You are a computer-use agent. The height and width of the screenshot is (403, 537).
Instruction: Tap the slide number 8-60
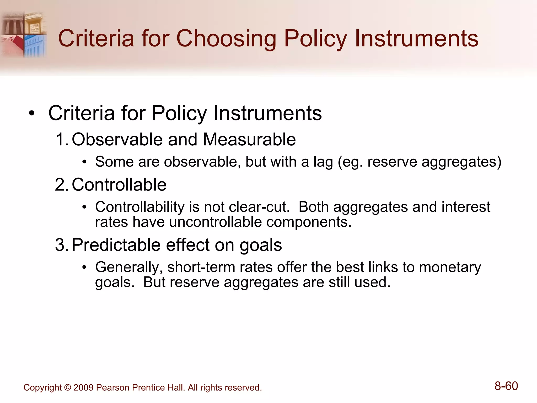[506, 386]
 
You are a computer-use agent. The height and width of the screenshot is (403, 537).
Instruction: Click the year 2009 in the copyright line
[83, 388]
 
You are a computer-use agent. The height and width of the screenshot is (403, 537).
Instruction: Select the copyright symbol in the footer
[67, 388]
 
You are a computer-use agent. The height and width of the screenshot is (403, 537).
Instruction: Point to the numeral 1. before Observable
[62, 139]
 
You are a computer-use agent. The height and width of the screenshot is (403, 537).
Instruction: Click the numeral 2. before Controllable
[62, 185]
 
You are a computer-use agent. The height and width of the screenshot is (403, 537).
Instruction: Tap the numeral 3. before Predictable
[62, 245]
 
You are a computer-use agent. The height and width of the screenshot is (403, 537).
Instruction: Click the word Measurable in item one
[249, 139]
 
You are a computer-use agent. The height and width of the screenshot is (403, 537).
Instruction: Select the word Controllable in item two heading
[119, 185]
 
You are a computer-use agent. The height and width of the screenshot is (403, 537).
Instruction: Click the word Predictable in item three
[116, 245]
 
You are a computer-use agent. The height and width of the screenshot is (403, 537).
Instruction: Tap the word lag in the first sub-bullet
[323, 162]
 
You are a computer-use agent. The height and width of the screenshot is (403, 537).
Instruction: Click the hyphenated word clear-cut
[259, 207]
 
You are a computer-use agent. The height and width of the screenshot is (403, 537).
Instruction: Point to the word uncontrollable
[215, 222]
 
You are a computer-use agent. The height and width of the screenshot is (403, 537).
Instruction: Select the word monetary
[450, 267]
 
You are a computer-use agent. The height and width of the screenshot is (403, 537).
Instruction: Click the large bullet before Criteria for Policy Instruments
[32, 114]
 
